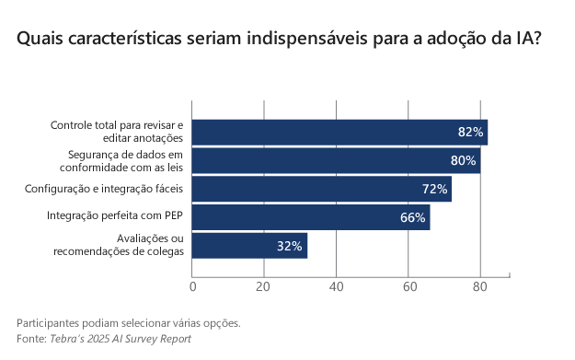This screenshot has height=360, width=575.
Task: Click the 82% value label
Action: click(470, 132)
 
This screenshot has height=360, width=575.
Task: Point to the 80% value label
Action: click(463, 160)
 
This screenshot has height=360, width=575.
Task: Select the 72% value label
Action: click(434, 189)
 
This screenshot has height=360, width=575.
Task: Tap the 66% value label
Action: click(412, 217)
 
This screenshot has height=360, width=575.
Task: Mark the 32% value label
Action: click(290, 246)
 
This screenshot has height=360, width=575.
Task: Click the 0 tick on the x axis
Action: click(192, 287)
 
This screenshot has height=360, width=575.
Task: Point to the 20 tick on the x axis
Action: click(264, 287)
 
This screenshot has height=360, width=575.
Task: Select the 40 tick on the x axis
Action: click(336, 287)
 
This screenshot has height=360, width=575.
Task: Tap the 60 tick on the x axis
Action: click(408, 287)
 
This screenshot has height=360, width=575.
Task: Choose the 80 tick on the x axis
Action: click(479, 287)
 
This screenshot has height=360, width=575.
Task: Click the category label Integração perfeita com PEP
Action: click(115, 217)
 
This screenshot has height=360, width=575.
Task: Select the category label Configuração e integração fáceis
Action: click(104, 189)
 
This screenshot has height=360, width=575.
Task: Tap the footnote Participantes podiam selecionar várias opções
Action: click(129, 323)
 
